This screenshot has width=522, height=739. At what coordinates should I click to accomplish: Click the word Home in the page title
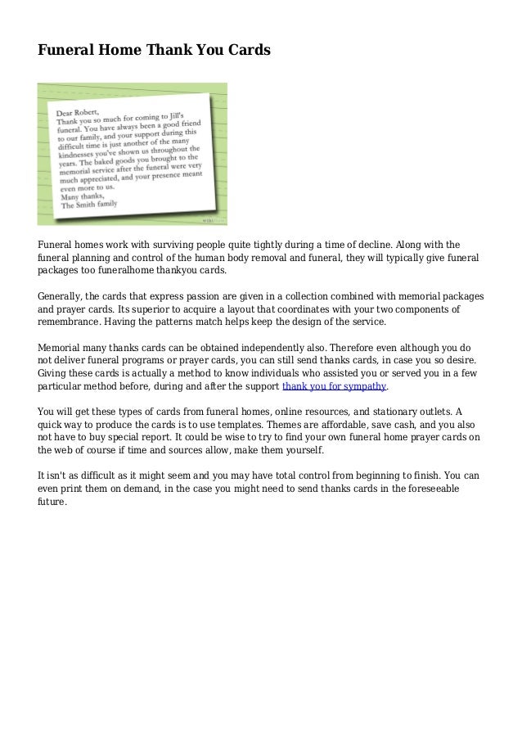[x=117, y=51]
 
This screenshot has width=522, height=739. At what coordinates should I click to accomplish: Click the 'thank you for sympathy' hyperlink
[x=334, y=385]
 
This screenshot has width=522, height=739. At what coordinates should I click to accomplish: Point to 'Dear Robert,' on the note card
[x=79, y=112]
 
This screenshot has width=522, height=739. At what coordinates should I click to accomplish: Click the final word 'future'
[x=52, y=502]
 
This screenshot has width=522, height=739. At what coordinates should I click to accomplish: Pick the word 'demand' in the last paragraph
[x=152, y=489]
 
